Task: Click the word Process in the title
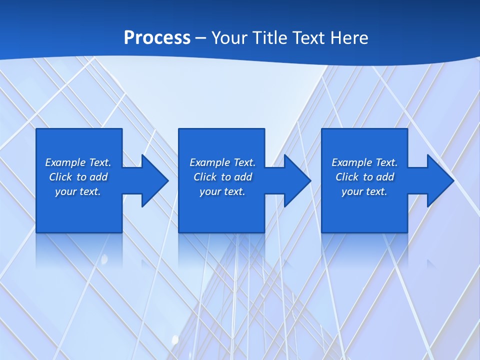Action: pos(157,38)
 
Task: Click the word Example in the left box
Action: pos(65,162)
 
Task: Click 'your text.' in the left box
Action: pos(78,191)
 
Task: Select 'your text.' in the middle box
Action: pos(222,191)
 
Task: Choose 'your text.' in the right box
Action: pos(364,191)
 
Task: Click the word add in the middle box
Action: pos(242,177)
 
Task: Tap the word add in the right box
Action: pos(384,177)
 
